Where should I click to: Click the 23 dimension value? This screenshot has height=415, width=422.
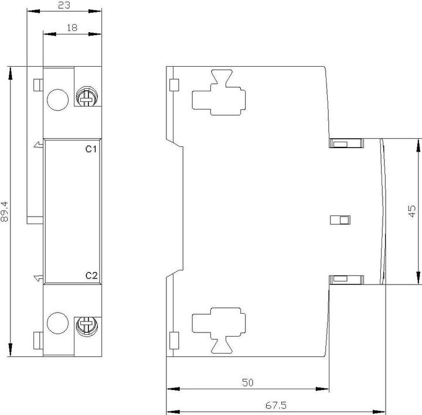coord(64,5)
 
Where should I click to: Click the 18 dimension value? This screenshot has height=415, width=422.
coord(72,28)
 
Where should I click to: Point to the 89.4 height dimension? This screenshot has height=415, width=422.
coord(5,211)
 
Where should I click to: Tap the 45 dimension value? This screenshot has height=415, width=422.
coord(412,211)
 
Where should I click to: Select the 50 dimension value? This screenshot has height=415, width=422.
coord(247,382)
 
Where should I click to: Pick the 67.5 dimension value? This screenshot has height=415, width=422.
coord(276,405)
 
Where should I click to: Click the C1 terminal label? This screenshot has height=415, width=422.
coord(91,149)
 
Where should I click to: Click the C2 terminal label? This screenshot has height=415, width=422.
coord(91,276)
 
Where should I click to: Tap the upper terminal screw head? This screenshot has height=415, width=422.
coord(87,97)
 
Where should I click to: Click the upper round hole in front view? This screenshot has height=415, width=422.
coord(57,100)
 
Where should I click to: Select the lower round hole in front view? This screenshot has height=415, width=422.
coord(57,323)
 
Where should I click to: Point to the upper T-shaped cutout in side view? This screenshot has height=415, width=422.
coord(219,92)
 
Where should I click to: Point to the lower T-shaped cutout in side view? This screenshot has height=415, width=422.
coord(219,330)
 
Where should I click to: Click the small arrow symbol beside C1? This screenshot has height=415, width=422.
coord(38,145)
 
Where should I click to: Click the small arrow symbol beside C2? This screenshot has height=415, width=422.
coord(38,278)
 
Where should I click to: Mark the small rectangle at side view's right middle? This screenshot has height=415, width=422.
coord(340,219)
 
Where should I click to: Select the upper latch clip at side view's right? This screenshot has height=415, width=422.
coord(346,143)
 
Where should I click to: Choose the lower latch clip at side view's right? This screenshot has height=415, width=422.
coord(346,280)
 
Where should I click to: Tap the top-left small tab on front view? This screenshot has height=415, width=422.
coord(38,85)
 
